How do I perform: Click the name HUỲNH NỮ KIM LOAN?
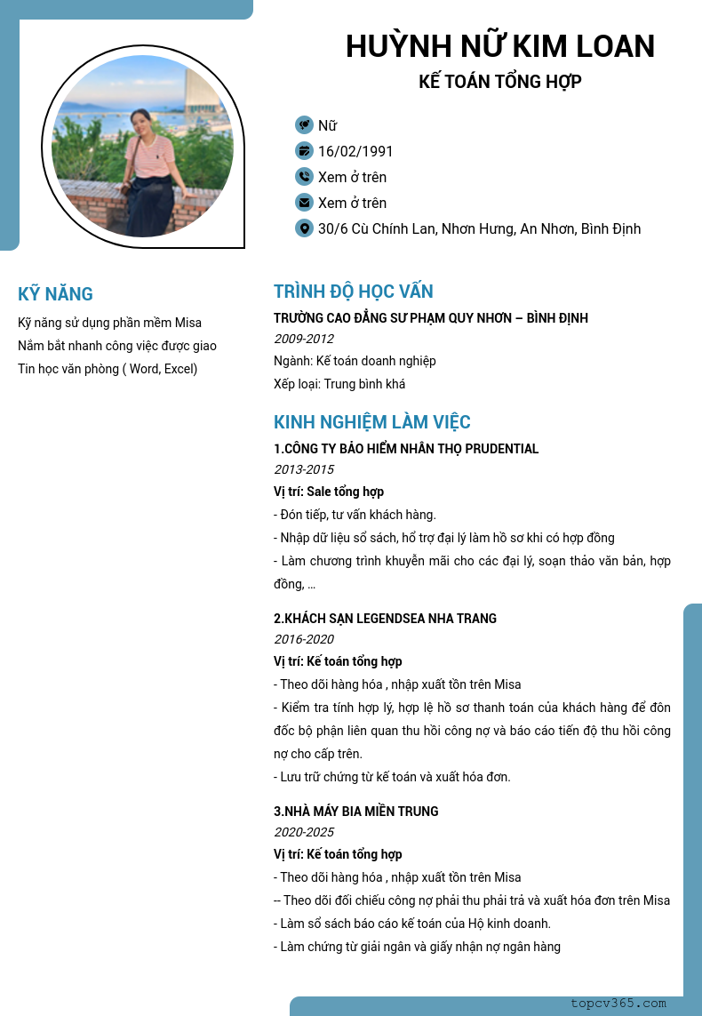(499, 46)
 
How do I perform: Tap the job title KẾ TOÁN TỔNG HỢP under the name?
(499, 82)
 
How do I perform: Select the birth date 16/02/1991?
(355, 151)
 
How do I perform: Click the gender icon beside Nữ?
(304, 125)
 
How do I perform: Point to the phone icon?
(304, 177)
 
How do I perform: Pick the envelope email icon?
(304, 203)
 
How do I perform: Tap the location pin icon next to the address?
(304, 228)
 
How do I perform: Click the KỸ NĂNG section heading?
(55, 294)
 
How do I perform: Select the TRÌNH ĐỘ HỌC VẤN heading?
(354, 292)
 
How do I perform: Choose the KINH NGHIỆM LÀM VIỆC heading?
(372, 422)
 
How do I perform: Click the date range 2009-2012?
(304, 339)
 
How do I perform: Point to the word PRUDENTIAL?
(498, 449)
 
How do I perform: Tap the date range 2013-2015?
(304, 469)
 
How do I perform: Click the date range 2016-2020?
(304, 639)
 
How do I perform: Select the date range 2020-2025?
(304, 832)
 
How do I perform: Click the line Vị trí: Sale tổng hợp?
(329, 492)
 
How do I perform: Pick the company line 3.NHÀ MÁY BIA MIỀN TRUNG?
(356, 811)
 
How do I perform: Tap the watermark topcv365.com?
(618, 1004)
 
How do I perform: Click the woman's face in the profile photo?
(142, 118)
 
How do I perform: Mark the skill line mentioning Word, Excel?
(108, 369)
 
